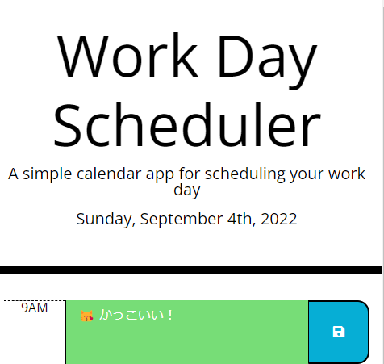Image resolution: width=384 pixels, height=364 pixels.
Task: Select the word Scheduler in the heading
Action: [187, 125]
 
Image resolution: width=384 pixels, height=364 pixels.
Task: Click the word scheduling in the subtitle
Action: [242, 174]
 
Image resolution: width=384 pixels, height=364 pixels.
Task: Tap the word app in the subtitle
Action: [161, 175]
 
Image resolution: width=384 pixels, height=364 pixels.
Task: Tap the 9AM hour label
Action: [34, 308]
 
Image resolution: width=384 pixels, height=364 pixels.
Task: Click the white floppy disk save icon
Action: [339, 332]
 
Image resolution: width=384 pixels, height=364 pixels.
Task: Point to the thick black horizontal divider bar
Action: [190, 269]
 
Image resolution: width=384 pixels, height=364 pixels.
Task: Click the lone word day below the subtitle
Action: [186, 190]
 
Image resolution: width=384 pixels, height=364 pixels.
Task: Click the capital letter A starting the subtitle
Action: [13, 174]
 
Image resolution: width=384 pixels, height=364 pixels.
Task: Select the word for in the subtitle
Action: [192, 174]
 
